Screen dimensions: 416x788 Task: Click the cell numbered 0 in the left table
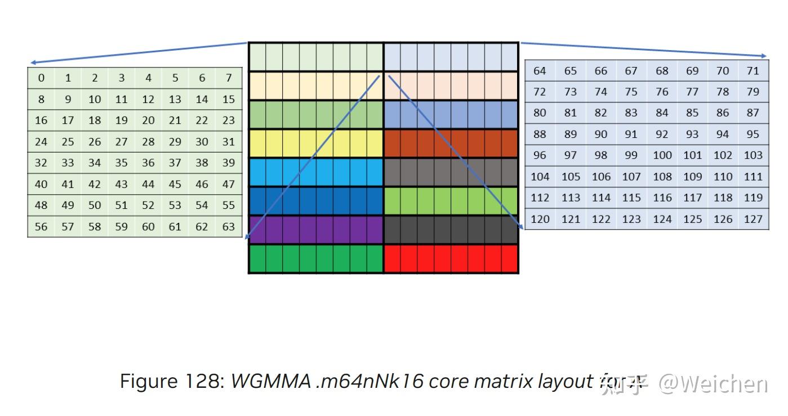[x=41, y=78]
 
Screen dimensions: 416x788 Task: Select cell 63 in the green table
[x=229, y=227]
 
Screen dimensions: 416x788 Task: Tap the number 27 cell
[x=121, y=142]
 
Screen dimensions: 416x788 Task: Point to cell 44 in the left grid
[x=148, y=184]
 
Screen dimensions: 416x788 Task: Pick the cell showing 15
[x=229, y=100]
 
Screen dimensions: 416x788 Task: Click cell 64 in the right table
[x=540, y=71]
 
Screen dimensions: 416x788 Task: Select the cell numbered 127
[x=753, y=219]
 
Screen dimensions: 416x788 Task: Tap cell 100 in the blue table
[x=662, y=155]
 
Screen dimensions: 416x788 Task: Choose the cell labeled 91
[x=631, y=135]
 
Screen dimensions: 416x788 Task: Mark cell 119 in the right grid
[x=753, y=198]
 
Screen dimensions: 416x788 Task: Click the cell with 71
[x=753, y=71]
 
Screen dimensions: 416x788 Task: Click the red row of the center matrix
[x=451, y=259]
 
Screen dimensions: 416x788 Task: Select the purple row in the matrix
[x=316, y=230]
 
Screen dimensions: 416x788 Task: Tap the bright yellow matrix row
[x=316, y=143]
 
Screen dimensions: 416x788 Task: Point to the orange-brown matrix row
[x=451, y=143]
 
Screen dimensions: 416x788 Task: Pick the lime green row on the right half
[x=451, y=201]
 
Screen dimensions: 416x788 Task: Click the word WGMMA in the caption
[x=271, y=382]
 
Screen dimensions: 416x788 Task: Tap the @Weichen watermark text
[x=713, y=384]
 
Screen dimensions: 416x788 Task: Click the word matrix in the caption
[x=502, y=382]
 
